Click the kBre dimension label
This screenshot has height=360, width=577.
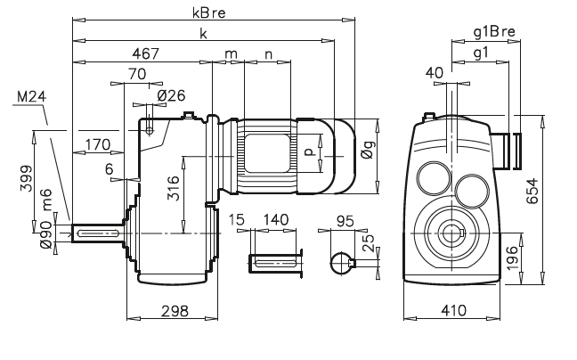pyautogui.click(x=207, y=12)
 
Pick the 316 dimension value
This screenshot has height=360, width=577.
pyautogui.click(x=175, y=191)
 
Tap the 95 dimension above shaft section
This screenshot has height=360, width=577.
pyautogui.click(x=348, y=219)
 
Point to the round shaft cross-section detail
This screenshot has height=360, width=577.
pyautogui.click(x=340, y=262)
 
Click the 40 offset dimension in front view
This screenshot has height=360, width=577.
pyautogui.click(x=435, y=72)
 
